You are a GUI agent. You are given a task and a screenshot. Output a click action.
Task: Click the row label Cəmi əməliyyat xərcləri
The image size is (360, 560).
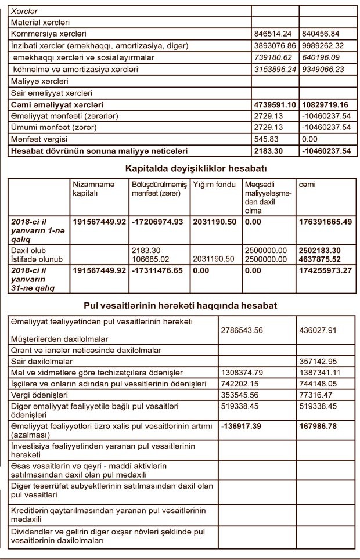(x=57, y=105)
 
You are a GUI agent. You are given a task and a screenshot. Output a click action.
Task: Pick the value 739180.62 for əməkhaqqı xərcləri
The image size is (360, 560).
(x=275, y=57)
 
